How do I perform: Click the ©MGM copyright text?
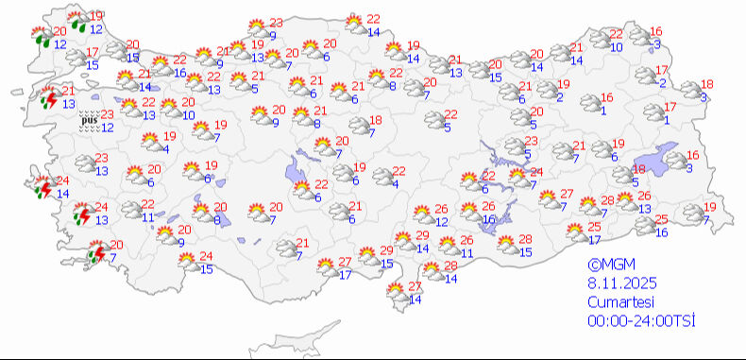pyautogui.click(x=607, y=266)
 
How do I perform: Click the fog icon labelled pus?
pyautogui.click(x=88, y=120)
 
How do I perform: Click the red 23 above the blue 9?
pyautogui.click(x=276, y=24)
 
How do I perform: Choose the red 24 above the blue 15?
pyautogui.click(x=206, y=257)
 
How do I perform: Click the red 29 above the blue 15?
pyautogui.click(x=386, y=250)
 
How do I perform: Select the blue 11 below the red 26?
pyautogui.click(x=466, y=253)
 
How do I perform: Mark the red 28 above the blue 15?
pyautogui.click(x=526, y=239)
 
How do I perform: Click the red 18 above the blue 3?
pyautogui.click(x=707, y=85)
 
